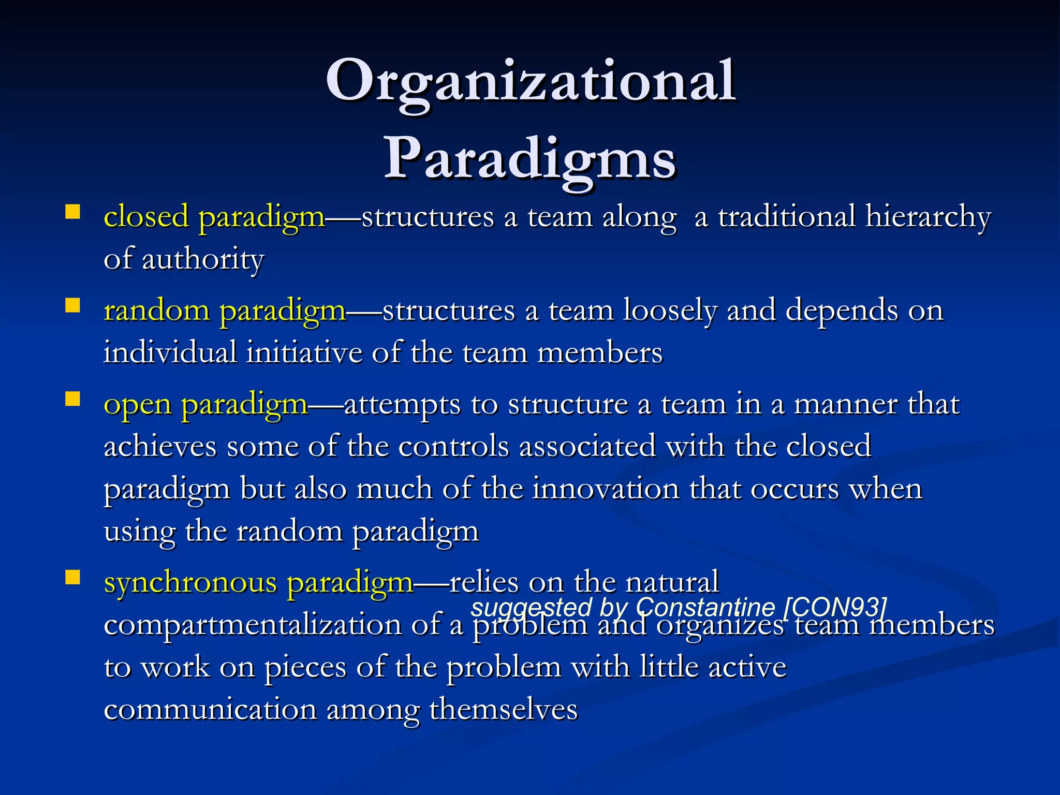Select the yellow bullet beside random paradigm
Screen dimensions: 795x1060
[72, 306]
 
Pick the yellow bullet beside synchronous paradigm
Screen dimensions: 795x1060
[72, 577]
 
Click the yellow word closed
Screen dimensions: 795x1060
[146, 217]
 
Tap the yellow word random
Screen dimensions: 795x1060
[156, 311]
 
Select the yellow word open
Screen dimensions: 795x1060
[137, 405]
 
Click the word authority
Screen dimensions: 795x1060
[202, 259]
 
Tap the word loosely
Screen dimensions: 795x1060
[670, 311]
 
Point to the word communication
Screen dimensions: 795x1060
[210, 710]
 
